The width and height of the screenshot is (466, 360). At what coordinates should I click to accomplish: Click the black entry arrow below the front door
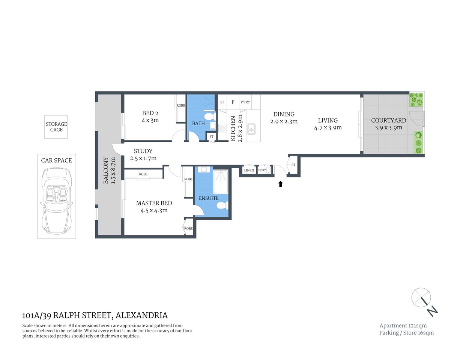coord(280,184)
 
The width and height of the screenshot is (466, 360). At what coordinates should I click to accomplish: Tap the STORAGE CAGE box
coord(56,127)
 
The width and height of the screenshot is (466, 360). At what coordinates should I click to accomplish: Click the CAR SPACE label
coord(56,160)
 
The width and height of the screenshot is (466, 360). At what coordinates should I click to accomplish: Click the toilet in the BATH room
coord(209,115)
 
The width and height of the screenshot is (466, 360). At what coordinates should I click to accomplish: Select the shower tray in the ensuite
coord(221,182)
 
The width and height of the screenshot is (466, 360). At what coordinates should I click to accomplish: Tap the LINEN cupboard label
coord(249,170)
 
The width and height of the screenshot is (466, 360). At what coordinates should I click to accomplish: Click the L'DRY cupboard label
coord(262,170)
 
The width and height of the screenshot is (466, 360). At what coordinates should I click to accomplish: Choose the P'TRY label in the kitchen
coord(245,102)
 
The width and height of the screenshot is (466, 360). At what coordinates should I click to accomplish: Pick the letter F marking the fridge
coord(233,102)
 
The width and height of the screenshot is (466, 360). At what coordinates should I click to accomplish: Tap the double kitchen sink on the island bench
coord(251,129)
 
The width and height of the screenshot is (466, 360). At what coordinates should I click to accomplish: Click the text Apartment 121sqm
coord(403,325)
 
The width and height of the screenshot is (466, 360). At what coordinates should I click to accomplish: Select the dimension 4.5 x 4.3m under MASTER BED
coord(154,210)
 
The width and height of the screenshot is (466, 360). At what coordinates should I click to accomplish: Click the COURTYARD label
coord(388,120)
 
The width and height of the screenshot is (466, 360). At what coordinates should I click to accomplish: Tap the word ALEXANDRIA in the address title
coord(141,315)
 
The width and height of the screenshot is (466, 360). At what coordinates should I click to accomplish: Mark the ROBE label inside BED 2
coord(181,106)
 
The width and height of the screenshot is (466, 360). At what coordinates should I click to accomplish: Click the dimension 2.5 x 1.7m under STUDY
coord(143,158)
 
